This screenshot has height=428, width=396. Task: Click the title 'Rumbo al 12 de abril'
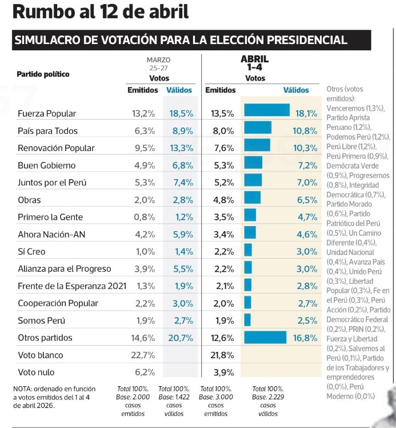pyautogui.click(x=101, y=13)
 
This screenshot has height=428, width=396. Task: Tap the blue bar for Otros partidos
pyautogui.click(x=265, y=338)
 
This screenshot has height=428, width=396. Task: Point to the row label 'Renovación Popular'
pyautogui.click(x=56, y=148)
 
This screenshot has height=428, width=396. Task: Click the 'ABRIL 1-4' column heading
pyautogui.click(x=254, y=63)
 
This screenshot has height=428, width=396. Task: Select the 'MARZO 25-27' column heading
pyautogui.click(x=158, y=63)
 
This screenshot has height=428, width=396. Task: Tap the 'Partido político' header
pyautogui.click(x=43, y=74)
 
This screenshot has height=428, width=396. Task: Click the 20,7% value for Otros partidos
pyautogui.click(x=181, y=338)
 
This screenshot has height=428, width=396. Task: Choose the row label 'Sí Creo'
pyautogui.click(x=31, y=252)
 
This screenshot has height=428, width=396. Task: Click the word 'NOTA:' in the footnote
pyautogui.click(x=23, y=389)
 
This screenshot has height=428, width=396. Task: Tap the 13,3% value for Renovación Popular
pyautogui.click(x=181, y=148)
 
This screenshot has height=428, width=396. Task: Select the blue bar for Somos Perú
pyautogui.click(x=247, y=320)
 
